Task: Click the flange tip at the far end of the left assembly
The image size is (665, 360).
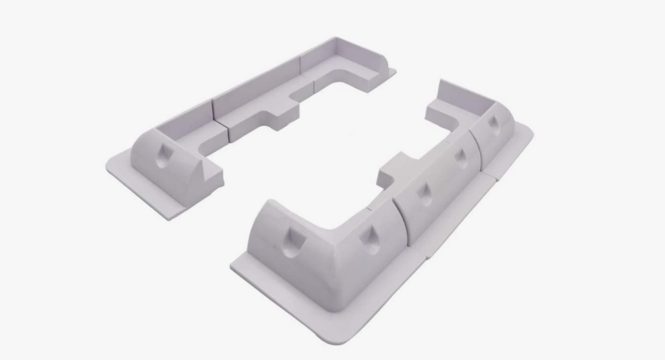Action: point(394,72)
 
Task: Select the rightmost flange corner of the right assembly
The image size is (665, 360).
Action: point(533,132)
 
